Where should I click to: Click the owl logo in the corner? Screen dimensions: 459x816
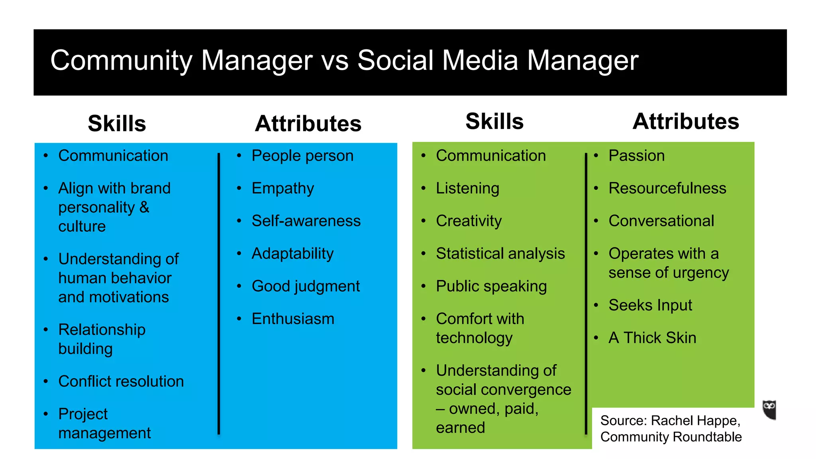tap(769, 410)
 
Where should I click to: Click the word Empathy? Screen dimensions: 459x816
tap(282, 188)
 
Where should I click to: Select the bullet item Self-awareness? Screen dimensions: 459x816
tap(306, 221)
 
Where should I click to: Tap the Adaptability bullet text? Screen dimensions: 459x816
tap(292, 253)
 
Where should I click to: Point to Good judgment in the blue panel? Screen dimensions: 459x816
tap(306, 286)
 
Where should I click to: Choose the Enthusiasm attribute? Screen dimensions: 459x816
tap(293, 319)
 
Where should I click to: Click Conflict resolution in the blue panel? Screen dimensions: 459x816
tap(121, 381)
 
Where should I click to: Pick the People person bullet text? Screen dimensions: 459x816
tap(302, 156)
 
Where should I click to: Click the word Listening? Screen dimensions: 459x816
tap(467, 188)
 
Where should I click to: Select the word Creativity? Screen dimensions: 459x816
tap(469, 221)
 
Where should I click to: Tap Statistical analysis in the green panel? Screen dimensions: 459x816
tap(500, 253)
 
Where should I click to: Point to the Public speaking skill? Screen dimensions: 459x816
tap(491, 286)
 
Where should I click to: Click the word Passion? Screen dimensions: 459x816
tap(636, 156)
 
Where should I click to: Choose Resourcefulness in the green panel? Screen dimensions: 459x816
tap(667, 188)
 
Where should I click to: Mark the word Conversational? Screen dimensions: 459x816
tap(661, 221)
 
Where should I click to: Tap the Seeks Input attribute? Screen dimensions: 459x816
tap(650, 305)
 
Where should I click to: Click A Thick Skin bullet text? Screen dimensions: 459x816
tap(652, 338)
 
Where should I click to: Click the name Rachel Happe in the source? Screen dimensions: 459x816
tap(695, 421)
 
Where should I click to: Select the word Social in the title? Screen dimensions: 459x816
tap(395, 61)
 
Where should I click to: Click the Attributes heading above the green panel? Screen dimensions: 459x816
tap(686, 121)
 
